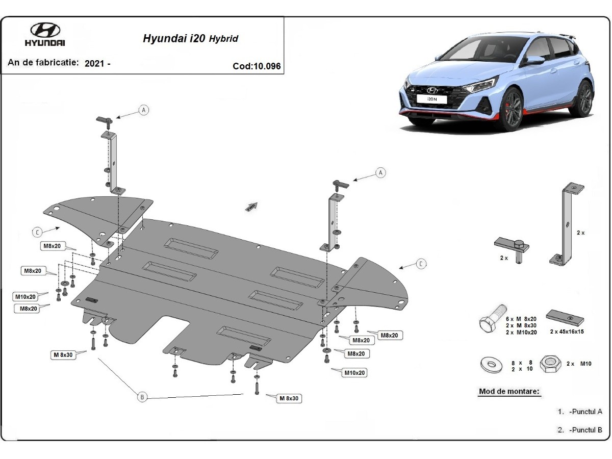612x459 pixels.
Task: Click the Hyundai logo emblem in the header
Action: [x=45, y=30]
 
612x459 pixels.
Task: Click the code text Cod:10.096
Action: [x=257, y=66]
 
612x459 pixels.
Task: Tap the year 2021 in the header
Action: [x=93, y=63]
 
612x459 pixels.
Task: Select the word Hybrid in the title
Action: [x=223, y=39]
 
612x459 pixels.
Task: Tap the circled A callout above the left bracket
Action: [x=144, y=110]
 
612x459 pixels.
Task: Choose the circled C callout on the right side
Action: [x=421, y=264]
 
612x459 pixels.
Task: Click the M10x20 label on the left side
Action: [x=25, y=296]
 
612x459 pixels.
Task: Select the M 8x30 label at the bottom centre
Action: [x=288, y=398]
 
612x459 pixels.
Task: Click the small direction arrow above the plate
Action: [x=250, y=206]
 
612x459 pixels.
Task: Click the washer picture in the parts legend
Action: [x=491, y=365]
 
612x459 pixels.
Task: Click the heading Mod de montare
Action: [x=508, y=392]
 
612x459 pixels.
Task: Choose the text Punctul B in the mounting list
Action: [x=586, y=429]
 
